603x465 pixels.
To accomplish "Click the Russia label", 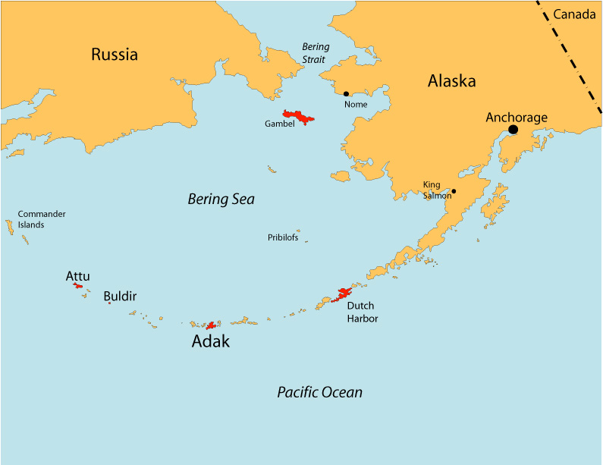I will [115, 55].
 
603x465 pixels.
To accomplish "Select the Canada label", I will [574, 14].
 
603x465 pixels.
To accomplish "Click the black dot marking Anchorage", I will [513, 130].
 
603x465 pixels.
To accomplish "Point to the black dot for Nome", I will [347, 94].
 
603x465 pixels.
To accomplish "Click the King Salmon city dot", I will [454, 191].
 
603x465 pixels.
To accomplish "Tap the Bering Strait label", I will [316, 53].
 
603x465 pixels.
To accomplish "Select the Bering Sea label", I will [221, 200].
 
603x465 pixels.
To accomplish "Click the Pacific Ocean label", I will [319, 392].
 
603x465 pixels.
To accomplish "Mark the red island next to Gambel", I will [299, 117].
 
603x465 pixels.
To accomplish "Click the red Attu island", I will [78, 286].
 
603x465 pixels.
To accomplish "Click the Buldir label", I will [120, 297].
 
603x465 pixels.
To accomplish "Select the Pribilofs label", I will [283, 237].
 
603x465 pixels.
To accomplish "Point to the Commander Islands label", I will [41, 219].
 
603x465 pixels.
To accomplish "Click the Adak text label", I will [210, 342].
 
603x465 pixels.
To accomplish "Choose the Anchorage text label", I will [516, 117].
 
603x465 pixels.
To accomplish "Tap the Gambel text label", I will [279, 124].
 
